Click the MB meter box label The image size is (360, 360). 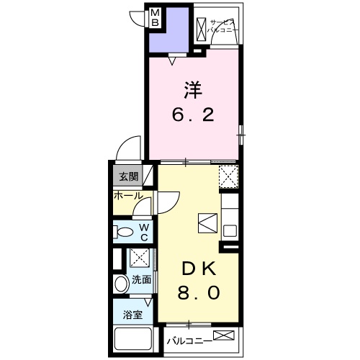pos(155,17)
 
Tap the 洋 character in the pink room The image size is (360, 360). pos(193,90)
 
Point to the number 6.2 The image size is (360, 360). pos(193,115)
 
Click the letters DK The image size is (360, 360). pos(199,269)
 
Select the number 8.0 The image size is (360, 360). pos(199,292)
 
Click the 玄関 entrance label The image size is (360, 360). pos(129,177)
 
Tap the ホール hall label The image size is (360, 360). pos(128,196)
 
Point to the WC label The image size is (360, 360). pos(144,232)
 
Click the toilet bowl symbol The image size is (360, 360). pos(124,232)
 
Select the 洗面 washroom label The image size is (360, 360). pos(142,280)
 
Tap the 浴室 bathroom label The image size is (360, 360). pos(132,315)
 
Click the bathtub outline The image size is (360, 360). pos(133,338)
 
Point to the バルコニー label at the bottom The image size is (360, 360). pos(189,341)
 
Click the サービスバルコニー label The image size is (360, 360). pos(222,27)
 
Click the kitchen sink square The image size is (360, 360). pos(230,231)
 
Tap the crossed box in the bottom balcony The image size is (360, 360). pos(224,336)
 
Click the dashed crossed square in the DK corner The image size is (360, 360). pos(228,176)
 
